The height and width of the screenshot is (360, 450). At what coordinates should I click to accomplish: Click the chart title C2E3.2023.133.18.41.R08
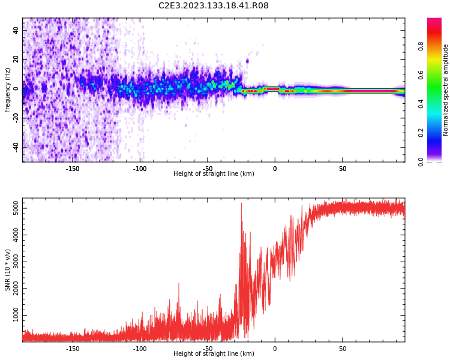[x=214, y=6]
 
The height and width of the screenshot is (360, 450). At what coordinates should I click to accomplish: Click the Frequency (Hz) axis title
[x=8, y=90]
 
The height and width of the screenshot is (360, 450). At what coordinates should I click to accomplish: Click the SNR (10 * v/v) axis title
[x=8, y=269]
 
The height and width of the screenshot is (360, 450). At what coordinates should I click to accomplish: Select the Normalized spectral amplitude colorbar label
[x=446, y=90]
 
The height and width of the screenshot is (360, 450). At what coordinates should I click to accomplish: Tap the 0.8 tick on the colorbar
[x=421, y=46]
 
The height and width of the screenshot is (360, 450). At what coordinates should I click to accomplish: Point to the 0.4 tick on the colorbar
[x=421, y=104]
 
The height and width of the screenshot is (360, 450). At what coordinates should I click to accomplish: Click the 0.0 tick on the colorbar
[x=421, y=161]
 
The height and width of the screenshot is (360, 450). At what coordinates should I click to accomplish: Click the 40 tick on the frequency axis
[x=16, y=30]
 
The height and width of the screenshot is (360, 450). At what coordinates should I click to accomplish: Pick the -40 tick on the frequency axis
[x=15, y=147]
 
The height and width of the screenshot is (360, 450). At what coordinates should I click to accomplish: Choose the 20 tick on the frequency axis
[x=16, y=59]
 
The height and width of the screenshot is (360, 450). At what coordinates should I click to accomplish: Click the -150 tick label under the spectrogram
[x=72, y=169]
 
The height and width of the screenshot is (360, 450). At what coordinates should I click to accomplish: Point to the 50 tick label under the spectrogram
[x=342, y=169]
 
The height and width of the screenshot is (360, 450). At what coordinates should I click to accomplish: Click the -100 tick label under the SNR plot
[x=139, y=348]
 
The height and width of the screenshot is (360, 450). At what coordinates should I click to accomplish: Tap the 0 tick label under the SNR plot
[x=275, y=348]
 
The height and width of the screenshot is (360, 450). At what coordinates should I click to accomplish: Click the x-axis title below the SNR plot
[x=214, y=354]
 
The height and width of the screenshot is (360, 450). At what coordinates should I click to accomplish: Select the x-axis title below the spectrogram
[x=214, y=174]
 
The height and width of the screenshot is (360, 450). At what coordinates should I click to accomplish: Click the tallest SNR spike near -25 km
[x=241, y=203]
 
